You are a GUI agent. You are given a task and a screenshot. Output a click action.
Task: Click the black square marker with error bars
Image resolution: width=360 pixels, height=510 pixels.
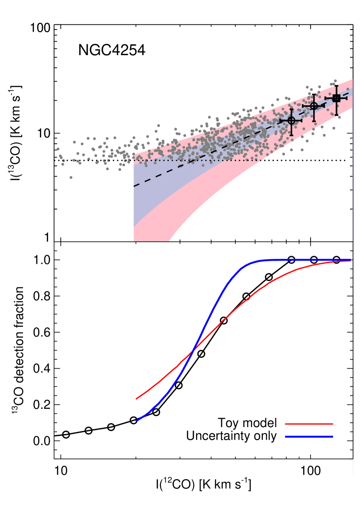coord(336,98)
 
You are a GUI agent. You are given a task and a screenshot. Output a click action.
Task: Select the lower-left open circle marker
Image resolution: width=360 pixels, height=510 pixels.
coord(291,120)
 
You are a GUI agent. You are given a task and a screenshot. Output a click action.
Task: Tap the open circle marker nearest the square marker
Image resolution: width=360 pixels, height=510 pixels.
coord(314,105)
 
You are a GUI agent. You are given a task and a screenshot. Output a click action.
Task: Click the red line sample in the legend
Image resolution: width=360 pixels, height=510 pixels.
coord(309,424)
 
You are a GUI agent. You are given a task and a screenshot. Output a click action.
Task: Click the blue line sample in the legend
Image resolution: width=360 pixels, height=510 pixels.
coord(309,437)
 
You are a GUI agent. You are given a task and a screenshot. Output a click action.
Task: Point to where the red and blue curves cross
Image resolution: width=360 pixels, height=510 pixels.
coord(193,351)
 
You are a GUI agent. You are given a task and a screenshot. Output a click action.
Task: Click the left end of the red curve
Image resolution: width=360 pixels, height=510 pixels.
coord(136,398)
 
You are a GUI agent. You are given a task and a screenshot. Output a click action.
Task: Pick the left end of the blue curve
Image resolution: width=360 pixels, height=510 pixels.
coord(136,421)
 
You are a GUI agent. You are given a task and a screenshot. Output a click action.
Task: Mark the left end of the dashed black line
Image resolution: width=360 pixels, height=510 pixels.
coord(134,186)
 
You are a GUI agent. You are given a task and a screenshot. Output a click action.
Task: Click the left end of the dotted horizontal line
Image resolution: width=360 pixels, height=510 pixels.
coord(134,160)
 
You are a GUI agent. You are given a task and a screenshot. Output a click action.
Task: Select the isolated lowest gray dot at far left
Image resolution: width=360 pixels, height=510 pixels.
coord(71,177)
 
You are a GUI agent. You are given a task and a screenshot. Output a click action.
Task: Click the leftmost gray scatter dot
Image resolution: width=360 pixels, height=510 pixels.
coord(58,149)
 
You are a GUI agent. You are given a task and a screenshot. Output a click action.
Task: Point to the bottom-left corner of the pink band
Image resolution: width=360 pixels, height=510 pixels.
coord(134,241)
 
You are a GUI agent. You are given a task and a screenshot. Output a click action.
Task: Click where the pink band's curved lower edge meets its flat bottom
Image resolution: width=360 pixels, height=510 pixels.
coord(169,241)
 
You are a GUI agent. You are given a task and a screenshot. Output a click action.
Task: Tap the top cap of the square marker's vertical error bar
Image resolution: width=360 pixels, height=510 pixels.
coord(336,85)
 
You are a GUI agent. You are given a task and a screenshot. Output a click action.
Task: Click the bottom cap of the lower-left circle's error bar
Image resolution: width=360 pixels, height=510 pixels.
coord(291,135)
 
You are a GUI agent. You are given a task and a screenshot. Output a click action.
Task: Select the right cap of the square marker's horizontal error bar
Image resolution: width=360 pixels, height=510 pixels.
coord(347,98)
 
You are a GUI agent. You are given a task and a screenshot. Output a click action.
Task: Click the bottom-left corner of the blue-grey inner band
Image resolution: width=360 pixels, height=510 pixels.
coord(134,227)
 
